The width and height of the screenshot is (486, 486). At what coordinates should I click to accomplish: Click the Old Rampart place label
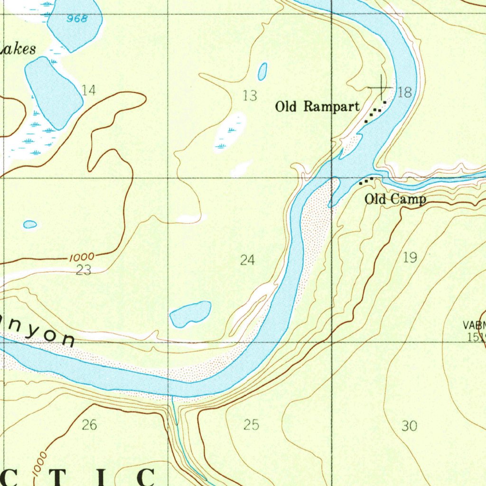click(317, 107)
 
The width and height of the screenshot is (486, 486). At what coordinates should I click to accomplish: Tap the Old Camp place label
click(395, 199)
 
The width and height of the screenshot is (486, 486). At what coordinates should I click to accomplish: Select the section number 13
click(250, 96)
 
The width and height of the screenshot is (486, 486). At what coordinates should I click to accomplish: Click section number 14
click(89, 90)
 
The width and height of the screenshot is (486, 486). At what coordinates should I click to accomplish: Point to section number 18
click(405, 93)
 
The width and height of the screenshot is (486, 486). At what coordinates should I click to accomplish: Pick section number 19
click(410, 258)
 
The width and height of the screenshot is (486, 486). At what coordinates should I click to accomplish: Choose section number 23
click(84, 271)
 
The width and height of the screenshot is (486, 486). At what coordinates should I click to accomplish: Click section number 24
click(247, 260)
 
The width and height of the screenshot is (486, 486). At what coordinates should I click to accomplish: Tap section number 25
click(251, 425)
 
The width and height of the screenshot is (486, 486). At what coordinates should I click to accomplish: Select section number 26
click(89, 425)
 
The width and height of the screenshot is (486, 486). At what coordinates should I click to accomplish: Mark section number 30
click(409, 426)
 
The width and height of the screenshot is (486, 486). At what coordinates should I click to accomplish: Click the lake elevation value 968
click(77, 19)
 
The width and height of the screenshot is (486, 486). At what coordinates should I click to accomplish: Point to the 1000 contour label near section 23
click(81, 257)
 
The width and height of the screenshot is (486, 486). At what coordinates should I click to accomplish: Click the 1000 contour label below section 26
click(40, 463)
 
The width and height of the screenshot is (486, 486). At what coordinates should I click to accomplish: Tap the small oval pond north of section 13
click(262, 72)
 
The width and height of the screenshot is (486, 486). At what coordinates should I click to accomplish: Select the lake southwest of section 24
click(190, 314)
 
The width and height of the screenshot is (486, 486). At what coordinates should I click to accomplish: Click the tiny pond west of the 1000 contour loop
click(30, 224)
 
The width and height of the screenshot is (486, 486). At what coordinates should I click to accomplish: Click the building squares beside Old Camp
click(366, 180)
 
